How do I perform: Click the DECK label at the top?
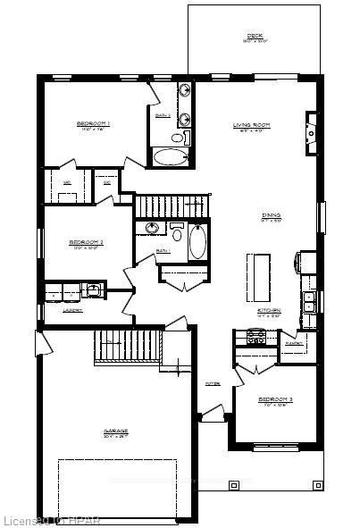254,37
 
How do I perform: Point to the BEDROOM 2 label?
87,242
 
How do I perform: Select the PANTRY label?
293,342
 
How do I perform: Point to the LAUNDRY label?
73,310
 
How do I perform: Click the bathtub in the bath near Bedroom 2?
197,241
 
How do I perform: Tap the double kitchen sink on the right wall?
309,301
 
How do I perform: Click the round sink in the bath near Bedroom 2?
153,230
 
